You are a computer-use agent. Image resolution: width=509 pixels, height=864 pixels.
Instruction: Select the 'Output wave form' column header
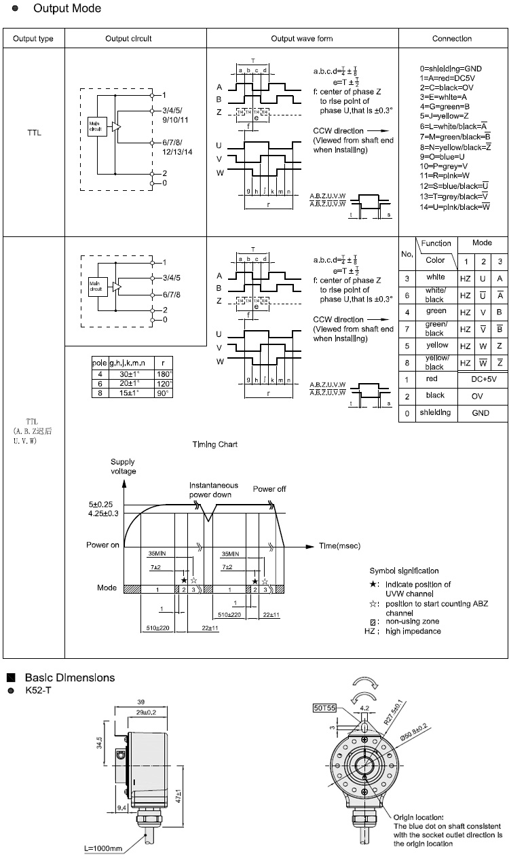tap(302, 39)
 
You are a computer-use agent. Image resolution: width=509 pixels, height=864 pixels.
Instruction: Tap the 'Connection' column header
tap(452, 39)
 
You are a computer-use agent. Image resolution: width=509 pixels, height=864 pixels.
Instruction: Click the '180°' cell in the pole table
tap(164, 374)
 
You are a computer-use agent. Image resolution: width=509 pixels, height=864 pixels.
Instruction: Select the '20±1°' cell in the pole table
tap(127, 383)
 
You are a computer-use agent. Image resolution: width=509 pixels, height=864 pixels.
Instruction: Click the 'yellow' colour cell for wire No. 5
tap(436, 345)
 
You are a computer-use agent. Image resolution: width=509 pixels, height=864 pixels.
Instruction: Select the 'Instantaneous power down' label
tap(214, 490)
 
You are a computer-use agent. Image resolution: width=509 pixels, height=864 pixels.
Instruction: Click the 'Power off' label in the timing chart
tap(269, 488)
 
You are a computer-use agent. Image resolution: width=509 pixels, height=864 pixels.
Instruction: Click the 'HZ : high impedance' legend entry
tap(402, 631)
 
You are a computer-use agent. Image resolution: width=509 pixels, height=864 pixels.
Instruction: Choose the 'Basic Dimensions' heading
tap(70, 677)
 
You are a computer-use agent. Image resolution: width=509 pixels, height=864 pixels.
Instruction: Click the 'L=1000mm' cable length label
tap(103, 848)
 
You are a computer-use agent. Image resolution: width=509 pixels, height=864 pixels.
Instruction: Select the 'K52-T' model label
tap(38, 691)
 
